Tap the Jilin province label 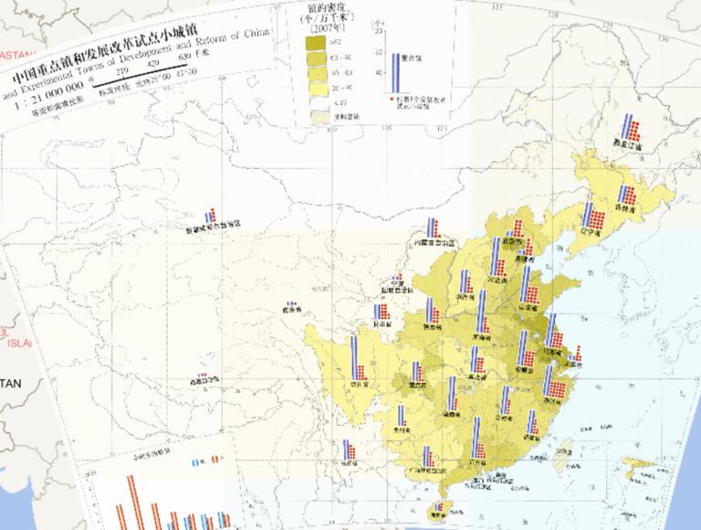(625, 210)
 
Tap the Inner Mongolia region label (434, 242)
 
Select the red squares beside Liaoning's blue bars (592, 217)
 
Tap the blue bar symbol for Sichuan (353, 359)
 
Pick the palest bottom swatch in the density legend (317, 116)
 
